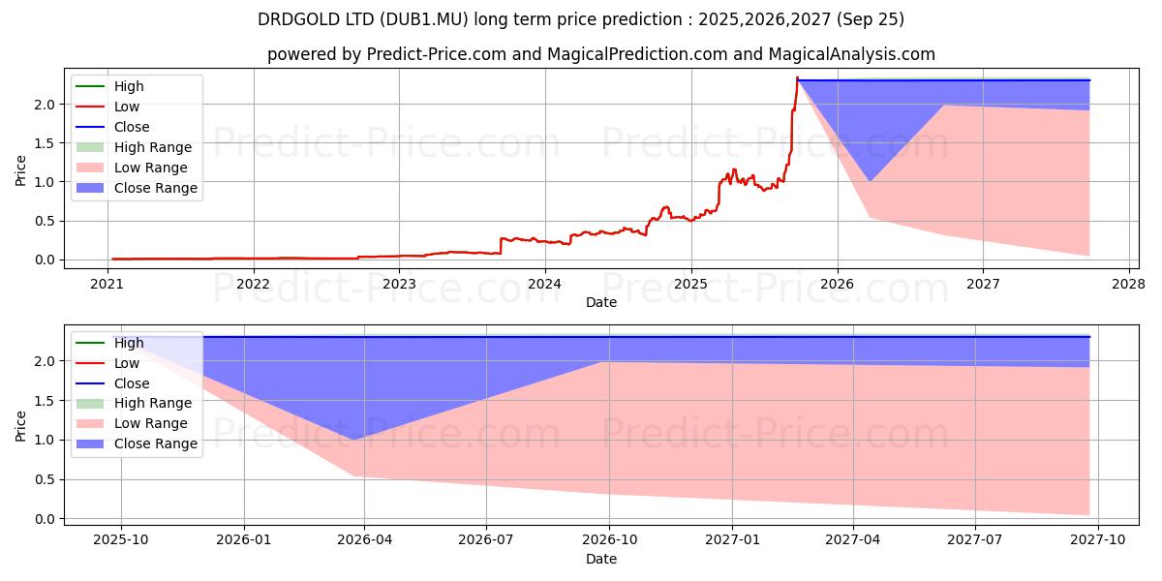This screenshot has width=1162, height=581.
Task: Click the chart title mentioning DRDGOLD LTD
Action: (x=581, y=19)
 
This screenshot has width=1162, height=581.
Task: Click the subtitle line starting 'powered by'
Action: (x=600, y=55)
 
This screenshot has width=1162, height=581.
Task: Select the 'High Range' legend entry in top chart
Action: (x=152, y=147)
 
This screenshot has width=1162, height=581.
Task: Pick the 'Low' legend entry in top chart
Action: (x=127, y=107)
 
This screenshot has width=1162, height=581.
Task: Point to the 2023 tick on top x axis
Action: (x=399, y=284)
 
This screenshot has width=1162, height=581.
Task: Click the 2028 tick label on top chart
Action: (x=1129, y=284)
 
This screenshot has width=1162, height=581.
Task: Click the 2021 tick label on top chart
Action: (x=107, y=284)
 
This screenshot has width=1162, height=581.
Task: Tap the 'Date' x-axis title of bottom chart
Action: (x=600, y=559)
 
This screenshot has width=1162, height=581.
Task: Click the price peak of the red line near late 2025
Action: (x=797, y=77)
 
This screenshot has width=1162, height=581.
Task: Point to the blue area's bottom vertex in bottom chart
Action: (x=352, y=440)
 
